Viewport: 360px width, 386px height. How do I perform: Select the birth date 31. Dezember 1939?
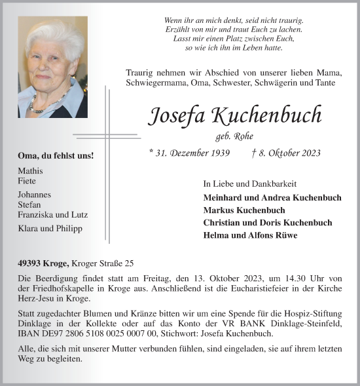pos(190,153)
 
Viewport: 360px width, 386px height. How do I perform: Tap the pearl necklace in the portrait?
pos(49,104)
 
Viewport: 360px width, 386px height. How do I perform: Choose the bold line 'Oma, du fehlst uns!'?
pos(56,156)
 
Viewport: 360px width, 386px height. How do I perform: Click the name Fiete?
pos(27,181)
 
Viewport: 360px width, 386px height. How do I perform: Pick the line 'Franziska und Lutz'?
pos(53,214)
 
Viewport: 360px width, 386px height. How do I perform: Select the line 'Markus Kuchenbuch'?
pos(244,210)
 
